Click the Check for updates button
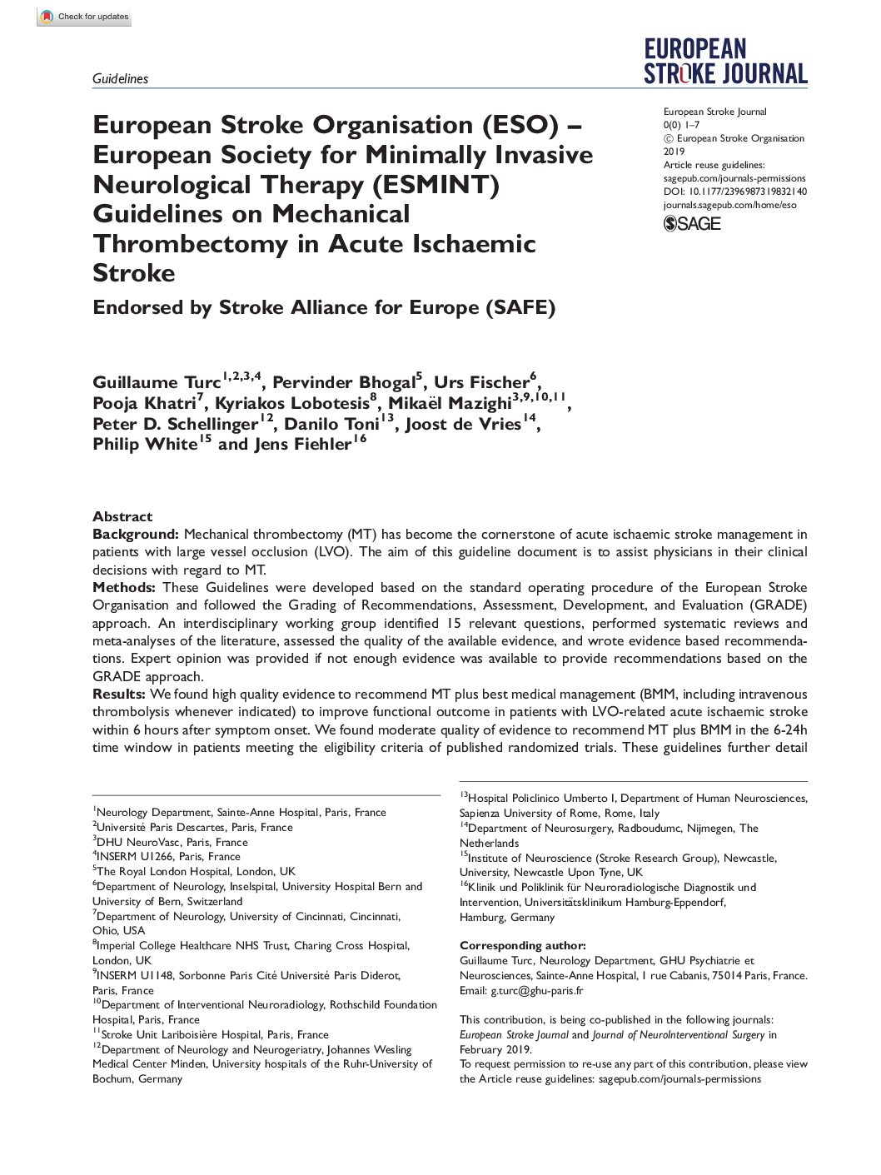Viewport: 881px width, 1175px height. coord(84,17)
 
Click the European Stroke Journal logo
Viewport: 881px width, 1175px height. coord(725,62)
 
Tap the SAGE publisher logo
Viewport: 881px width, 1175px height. coord(692,223)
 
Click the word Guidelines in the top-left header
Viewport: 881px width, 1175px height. coord(120,79)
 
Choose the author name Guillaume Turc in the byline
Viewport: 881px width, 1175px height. coord(157,383)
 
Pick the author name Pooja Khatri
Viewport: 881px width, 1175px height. coord(143,404)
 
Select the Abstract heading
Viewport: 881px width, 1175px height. coord(122,516)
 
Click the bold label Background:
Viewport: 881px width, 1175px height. coord(136,535)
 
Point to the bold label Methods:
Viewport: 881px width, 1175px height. coord(125,588)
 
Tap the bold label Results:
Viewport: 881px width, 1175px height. coord(119,695)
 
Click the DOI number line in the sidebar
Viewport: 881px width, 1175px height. coord(734,192)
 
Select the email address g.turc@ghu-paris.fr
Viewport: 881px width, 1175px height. coord(536,991)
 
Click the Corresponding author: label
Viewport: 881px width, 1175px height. coord(522,946)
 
